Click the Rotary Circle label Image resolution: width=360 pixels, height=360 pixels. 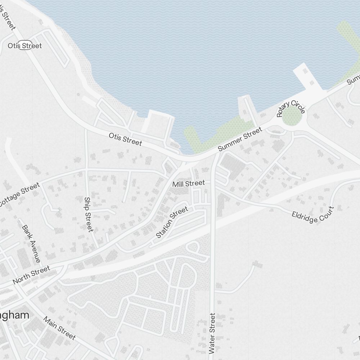pyautogui.click(x=291, y=107)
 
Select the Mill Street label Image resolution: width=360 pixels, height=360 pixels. pyautogui.click(x=188, y=184)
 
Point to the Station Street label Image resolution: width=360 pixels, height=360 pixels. pyautogui.click(x=172, y=222)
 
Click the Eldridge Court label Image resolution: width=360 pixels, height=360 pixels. pyautogui.click(x=313, y=215)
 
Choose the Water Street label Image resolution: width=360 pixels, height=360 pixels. pyautogui.click(x=212, y=333)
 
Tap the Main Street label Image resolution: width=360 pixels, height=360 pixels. pyautogui.click(x=59, y=328)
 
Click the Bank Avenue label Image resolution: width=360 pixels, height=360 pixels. pyautogui.click(x=31, y=244)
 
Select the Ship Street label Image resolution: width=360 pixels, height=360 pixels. pyautogui.click(x=89, y=214)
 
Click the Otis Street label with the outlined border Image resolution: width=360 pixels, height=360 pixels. pyautogui.click(x=25, y=46)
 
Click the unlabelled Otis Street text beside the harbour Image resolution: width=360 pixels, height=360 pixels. pyautogui.click(x=125, y=139)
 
